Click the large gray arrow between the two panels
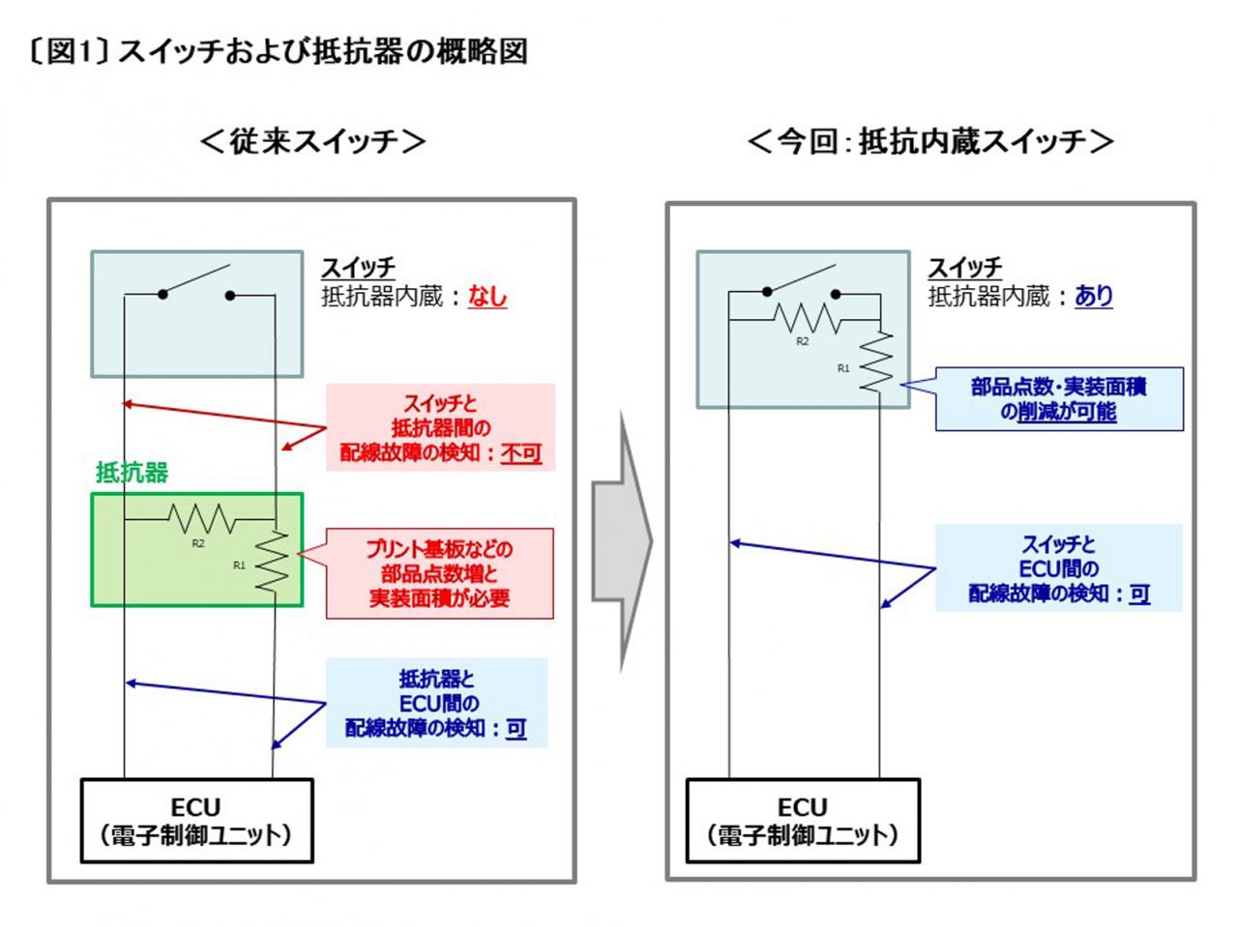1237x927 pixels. [x=622, y=540]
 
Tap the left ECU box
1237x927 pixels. [x=196, y=821]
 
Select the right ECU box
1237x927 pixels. [x=803, y=821]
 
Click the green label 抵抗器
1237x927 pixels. [x=132, y=472]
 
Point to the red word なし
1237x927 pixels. [x=486, y=296]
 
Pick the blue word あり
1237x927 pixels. [x=1093, y=296]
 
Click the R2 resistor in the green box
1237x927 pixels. [x=202, y=518]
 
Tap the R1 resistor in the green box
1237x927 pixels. [x=272, y=562]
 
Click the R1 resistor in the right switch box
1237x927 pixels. [x=877, y=361]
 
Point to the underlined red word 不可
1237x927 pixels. [x=520, y=452]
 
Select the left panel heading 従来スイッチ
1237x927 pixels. [x=312, y=141]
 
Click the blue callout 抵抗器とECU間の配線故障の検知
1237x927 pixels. [x=436, y=703]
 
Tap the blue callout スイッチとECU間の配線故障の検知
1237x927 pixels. [x=1058, y=567]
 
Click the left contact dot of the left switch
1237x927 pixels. [x=162, y=294]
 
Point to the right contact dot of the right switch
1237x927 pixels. [x=836, y=294]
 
